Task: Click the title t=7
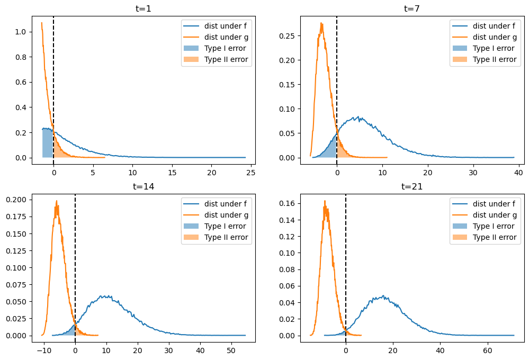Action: click(x=411, y=8)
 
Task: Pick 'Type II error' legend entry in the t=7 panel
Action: click(x=494, y=59)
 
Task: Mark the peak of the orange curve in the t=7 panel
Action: click(x=321, y=23)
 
